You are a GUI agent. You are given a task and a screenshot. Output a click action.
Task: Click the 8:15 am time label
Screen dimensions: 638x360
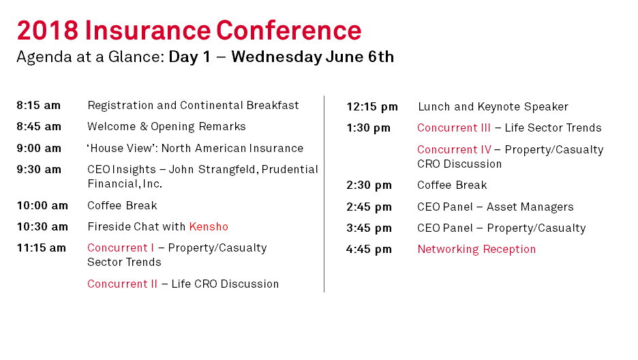coord(39,106)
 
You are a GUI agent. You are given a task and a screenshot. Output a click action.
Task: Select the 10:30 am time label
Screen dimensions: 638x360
coord(42,226)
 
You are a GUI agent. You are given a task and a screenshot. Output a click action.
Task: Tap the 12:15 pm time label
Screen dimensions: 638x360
coord(372,107)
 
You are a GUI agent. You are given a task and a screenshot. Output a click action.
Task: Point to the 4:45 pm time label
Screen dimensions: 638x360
coord(369,249)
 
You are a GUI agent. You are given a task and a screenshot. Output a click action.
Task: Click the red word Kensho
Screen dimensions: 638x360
coord(209,226)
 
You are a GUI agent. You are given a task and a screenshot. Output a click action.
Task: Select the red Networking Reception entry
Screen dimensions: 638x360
coord(476,250)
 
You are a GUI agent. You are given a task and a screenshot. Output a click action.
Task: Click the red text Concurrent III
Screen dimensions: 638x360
coord(454,127)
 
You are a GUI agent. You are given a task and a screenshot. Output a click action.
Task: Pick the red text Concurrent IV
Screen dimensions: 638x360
coord(454,150)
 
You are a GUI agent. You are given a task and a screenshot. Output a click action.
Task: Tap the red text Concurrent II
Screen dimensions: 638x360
coord(122,284)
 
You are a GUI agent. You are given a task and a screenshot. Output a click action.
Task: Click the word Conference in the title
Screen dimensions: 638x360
coord(288,30)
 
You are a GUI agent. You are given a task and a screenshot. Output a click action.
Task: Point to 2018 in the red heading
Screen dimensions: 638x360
coord(48,30)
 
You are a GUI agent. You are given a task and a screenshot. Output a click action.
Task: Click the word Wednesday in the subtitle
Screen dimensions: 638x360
coord(277,57)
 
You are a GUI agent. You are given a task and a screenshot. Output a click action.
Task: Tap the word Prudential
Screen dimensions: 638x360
coord(290,169)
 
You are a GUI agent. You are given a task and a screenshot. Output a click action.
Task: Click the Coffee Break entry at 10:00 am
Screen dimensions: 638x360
coord(122,205)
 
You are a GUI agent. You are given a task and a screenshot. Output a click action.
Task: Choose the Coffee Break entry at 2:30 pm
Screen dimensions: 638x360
coord(452,185)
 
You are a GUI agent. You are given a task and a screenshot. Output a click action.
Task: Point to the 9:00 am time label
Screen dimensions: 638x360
coord(39,148)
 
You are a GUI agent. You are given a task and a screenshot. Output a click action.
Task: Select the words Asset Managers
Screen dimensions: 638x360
coord(530,207)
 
